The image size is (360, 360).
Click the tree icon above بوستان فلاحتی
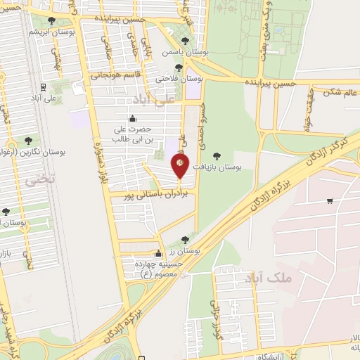coord(179,68)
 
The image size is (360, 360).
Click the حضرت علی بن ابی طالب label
coord(134,134)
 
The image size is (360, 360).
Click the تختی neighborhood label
coord(39,181)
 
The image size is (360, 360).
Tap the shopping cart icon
coord(330,202)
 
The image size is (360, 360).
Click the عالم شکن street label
coord(340,91)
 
